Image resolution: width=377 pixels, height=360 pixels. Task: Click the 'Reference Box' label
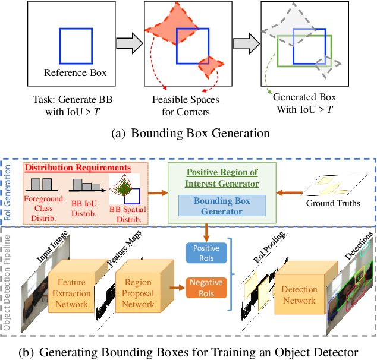(x=76, y=73)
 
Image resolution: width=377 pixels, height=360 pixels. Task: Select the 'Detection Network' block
(x=299, y=295)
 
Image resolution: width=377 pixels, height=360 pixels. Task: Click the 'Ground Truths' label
(x=332, y=204)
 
